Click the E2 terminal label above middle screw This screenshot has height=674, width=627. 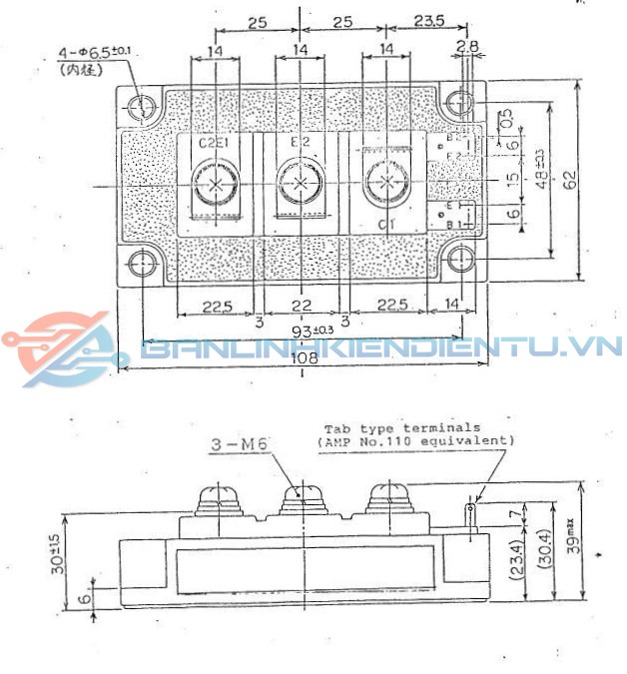(301, 142)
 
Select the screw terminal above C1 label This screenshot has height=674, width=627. (385, 182)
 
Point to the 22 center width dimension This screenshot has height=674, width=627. (301, 306)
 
